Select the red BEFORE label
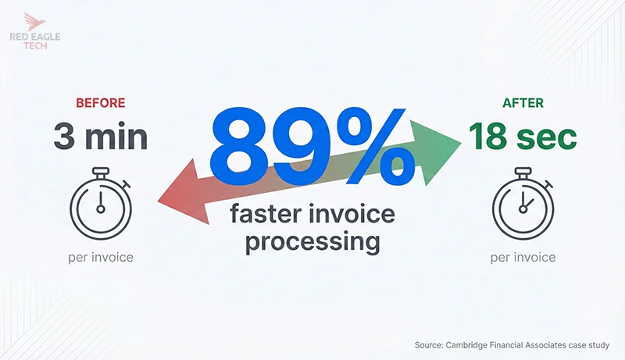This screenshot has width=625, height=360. (x=100, y=102)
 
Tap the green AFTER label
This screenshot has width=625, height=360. (x=523, y=102)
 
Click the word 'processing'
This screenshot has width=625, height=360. (x=312, y=241)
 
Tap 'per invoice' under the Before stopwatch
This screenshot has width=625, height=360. (x=100, y=257)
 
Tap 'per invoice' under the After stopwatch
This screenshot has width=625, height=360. (x=523, y=257)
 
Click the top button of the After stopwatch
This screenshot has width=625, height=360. (x=522, y=170)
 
